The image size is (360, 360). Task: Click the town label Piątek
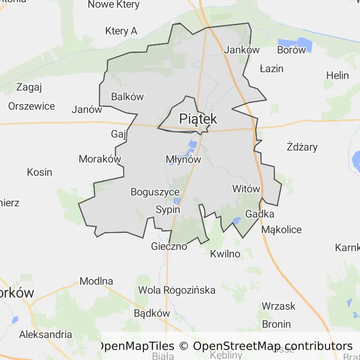tap(198, 118)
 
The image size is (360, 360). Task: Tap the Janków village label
tap(242, 50)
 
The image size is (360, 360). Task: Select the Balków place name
tap(127, 97)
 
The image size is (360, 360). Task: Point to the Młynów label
tap(183, 159)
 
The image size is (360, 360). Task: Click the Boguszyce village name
tap(155, 192)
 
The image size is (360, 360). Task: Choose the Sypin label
tap(167, 210)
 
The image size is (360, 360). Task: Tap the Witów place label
tap(246, 189)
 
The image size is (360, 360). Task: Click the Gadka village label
tap(260, 214)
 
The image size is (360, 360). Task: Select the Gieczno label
tap(169, 246)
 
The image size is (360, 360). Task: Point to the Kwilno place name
tap(225, 254)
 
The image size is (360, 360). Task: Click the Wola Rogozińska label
tap(177, 290)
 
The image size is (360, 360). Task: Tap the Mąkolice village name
tap(281, 230)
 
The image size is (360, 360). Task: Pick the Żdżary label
tap(302, 147)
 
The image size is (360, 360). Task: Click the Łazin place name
tap(271, 68)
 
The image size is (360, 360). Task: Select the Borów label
tap(291, 50)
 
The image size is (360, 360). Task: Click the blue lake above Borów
tap(294, 45)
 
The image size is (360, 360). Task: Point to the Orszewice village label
tap(31, 106)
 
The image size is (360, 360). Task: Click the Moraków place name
tap(100, 159)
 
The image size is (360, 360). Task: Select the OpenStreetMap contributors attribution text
tap(273, 346)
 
